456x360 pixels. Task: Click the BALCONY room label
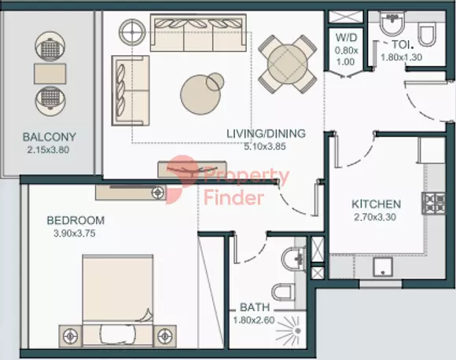(50, 137)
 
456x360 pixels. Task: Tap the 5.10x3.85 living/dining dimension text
(265, 146)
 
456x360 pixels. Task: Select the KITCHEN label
(377, 204)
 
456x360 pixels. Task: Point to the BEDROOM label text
(75, 220)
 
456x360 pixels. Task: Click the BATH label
(255, 307)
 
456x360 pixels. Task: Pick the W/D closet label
(346, 38)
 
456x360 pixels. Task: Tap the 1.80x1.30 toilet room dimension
(401, 57)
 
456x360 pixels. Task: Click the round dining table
(287, 64)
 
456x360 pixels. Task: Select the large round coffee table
(200, 94)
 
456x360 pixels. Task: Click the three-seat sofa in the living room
(198, 33)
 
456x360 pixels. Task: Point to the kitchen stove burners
(434, 204)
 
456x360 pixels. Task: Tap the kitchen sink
(383, 266)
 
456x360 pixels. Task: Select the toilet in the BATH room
(282, 292)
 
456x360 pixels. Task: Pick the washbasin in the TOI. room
(392, 24)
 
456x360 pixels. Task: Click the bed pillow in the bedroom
(117, 333)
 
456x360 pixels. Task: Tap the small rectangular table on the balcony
(50, 74)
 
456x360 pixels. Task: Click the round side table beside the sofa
(132, 32)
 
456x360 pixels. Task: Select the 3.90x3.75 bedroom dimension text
(75, 233)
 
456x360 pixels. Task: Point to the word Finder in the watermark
(234, 198)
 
